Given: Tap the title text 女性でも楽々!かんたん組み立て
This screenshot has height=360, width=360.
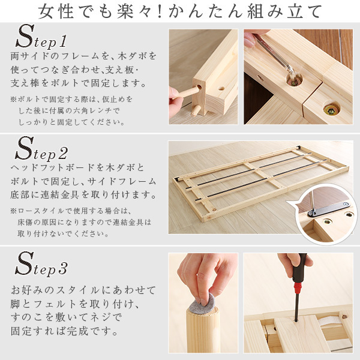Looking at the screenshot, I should pos(180,11).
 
